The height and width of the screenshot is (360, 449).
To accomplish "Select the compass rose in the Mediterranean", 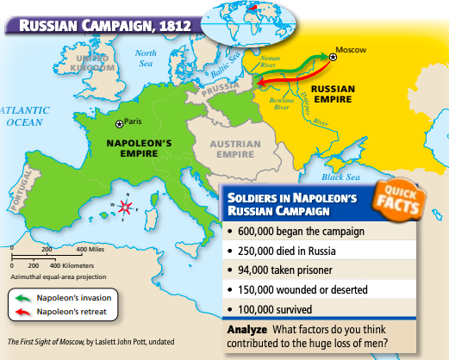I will click(x=127, y=207).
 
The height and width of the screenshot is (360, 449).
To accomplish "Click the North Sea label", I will click(x=146, y=58).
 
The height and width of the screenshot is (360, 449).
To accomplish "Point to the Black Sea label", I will click(x=339, y=177).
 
